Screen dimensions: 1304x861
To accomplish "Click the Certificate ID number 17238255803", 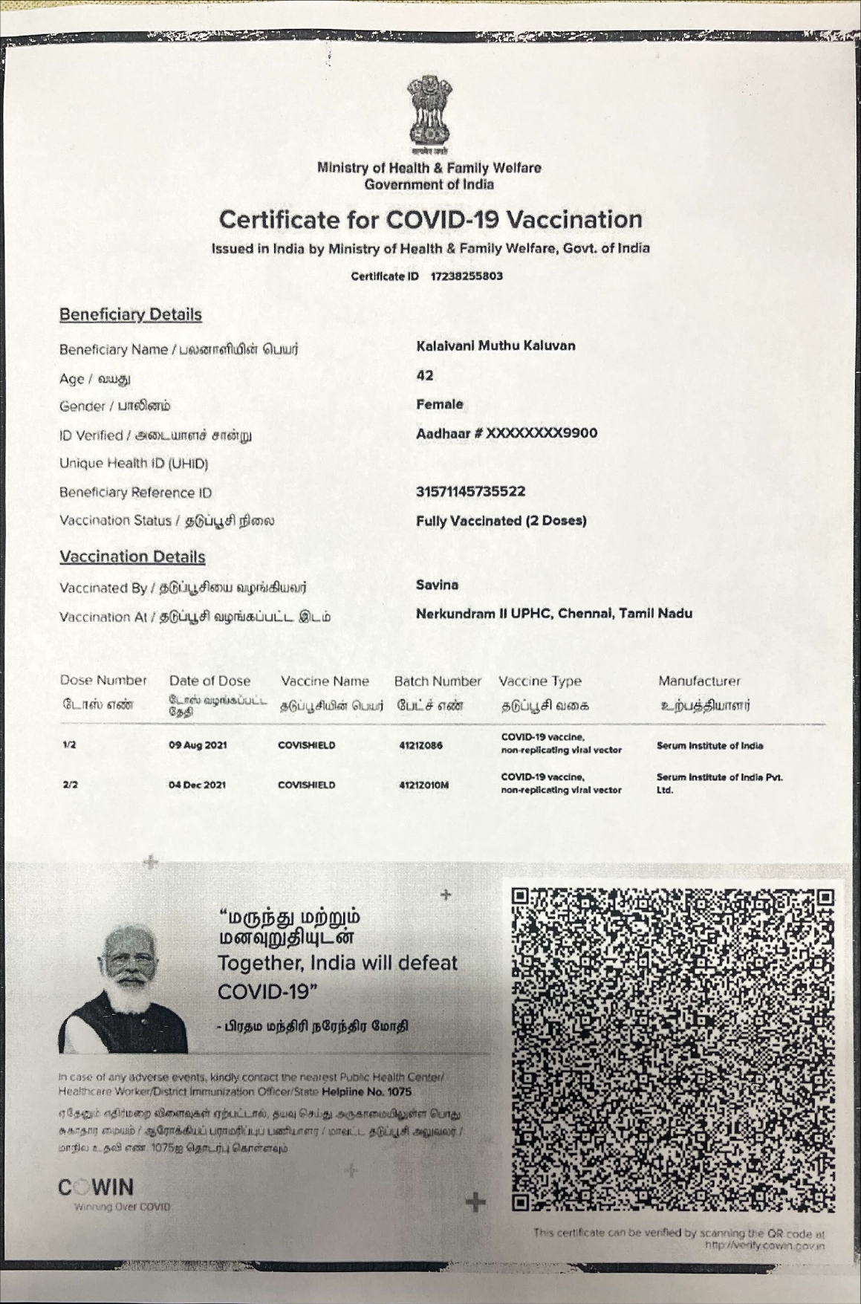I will coord(467,276).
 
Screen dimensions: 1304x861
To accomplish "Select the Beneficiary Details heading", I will coord(131,314).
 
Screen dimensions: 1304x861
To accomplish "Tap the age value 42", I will coord(425,376).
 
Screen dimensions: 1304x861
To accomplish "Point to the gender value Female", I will coord(440,404).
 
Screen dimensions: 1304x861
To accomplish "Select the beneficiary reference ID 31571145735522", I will coord(471,491).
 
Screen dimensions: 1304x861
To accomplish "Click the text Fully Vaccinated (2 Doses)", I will coord(501,521).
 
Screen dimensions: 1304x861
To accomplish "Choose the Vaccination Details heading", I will coord(132,557).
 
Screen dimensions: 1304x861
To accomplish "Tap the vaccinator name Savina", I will coord(437,585).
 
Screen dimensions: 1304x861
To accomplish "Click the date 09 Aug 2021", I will coord(198,745).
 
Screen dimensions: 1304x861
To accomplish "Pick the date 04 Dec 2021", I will coord(198,785).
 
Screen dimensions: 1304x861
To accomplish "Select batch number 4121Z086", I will coord(420,745).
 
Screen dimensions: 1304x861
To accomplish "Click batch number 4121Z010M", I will coord(423,785).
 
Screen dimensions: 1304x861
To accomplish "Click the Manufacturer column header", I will coord(699,681).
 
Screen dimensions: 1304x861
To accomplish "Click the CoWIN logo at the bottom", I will coord(97,1187).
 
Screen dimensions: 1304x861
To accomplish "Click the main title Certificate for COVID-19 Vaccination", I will coord(431,220).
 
